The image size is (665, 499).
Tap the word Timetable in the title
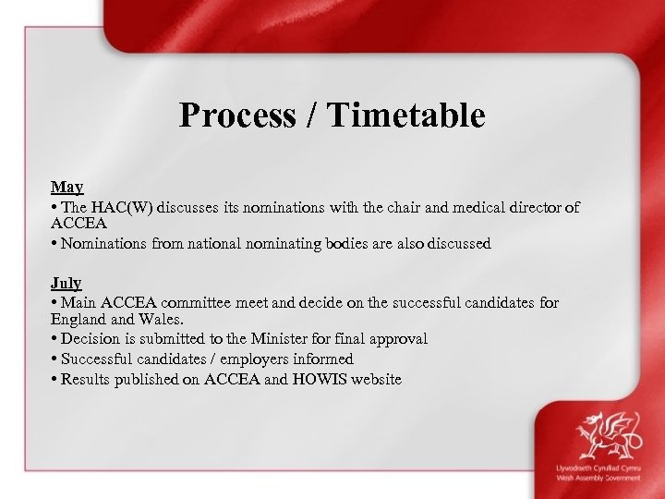point(405,116)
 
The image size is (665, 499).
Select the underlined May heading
point(66,188)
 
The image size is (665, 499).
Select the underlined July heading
point(66,283)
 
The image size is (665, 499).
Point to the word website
point(374,378)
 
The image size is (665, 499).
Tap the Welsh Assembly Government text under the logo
point(598,479)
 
